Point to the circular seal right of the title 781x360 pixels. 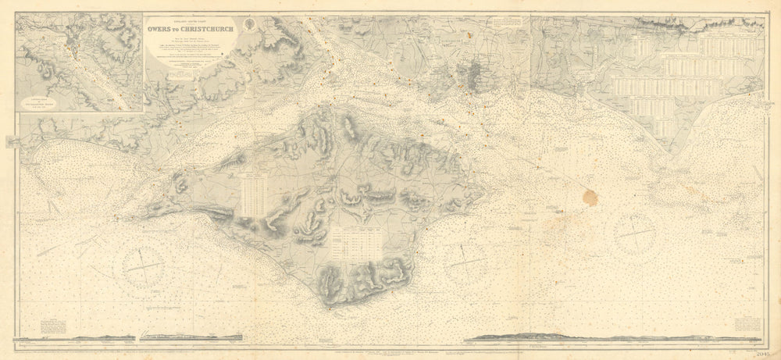tap(248, 25)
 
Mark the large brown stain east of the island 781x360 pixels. tap(589, 198)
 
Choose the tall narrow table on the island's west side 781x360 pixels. tap(255, 195)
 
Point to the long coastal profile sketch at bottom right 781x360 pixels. tap(617, 338)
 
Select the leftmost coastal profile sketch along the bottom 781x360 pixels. tap(104, 338)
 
